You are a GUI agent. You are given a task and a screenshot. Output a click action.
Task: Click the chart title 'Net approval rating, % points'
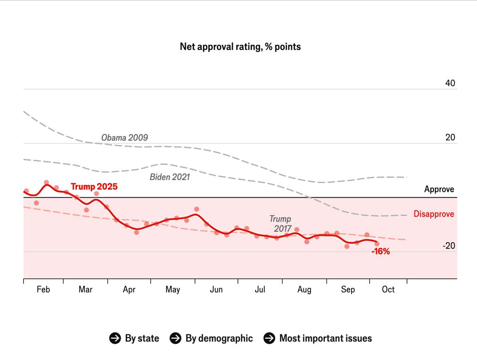pyautogui.click(x=240, y=47)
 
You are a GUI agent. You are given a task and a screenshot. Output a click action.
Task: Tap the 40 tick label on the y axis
pyautogui.click(x=450, y=83)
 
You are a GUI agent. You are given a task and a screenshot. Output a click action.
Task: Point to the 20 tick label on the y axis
pyautogui.click(x=450, y=138)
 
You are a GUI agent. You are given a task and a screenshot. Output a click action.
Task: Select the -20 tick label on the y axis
pyautogui.click(x=448, y=246)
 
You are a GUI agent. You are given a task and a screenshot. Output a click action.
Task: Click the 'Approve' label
pyautogui.click(x=439, y=189)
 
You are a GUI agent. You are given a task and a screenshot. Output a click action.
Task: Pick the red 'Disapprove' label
pyautogui.click(x=434, y=214)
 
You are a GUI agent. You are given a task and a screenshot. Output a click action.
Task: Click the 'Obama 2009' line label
pyautogui.click(x=124, y=138)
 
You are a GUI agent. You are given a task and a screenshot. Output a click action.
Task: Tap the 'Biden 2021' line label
pyautogui.click(x=170, y=177)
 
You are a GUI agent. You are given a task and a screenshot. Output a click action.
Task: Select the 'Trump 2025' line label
pyautogui.click(x=94, y=187)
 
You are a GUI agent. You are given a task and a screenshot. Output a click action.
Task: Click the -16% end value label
pyautogui.click(x=381, y=252)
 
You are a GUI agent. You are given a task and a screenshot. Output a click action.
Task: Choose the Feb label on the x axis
pyautogui.click(x=43, y=289)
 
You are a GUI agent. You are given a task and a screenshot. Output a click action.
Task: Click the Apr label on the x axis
pyautogui.click(x=129, y=289)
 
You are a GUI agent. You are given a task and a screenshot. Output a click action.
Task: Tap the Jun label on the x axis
pyautogui.click(x=216, y=289)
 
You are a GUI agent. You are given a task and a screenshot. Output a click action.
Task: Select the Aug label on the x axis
pyautogui.click(x=304, y=289)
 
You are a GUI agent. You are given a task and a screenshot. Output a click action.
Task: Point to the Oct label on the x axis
pyautogui.click(x=388, y=289)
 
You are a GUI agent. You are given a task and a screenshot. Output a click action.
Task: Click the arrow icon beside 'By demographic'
pyautogui.click(x=176, y=339)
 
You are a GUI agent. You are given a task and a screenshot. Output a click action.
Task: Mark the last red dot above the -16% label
pyautogui.click(x=377, y=244)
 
